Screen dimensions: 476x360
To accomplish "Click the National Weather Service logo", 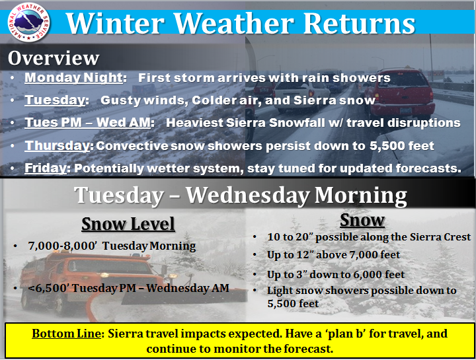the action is (x=28, y=22).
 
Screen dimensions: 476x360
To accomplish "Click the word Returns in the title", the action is (x=359, y=23).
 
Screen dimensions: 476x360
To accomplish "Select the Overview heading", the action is (x=54, y=57).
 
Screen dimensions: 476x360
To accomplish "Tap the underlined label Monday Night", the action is (x=73, y=78).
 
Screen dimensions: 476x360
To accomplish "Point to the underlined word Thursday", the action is (x=57, y=145).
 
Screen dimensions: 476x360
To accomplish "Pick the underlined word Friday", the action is (x=46, y=168).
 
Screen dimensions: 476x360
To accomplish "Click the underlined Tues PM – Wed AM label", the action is (x=88, y=123).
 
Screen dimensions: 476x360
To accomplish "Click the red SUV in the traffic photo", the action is (x=399, y=92).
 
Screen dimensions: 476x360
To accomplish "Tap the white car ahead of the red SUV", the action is (x=301, y=93).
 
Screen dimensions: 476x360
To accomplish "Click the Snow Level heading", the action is (x=128, y=224).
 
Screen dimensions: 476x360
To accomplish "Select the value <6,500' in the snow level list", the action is (x=48, y=288).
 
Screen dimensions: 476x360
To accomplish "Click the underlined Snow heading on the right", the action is (x=362, y=220).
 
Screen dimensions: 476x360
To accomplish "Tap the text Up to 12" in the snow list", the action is (x=290, y=255).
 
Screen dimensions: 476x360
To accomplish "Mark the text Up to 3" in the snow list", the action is (x=287, y=275).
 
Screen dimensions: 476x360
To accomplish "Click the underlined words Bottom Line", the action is (x=66, y=334).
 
